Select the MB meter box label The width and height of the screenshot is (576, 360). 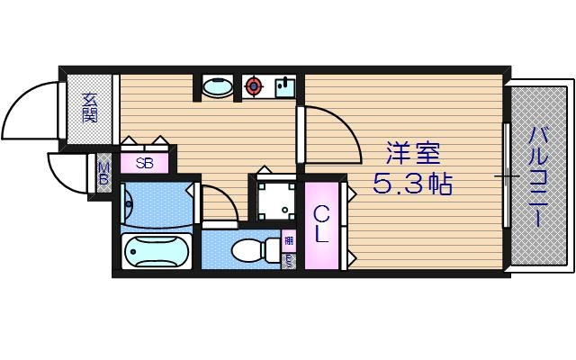point(103,170)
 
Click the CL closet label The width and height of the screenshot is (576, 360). point(321,224)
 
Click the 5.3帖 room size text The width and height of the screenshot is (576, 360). point(412,185)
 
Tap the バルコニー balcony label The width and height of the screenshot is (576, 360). point(539,175)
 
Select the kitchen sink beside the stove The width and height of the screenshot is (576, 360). point(282,87)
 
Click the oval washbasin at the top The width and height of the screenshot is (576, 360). point(216,87)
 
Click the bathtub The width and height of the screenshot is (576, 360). point(156,251)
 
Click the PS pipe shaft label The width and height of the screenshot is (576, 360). point(288,262)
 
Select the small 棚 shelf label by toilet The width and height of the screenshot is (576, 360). point(288,240)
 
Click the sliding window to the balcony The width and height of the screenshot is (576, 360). point(507,176)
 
